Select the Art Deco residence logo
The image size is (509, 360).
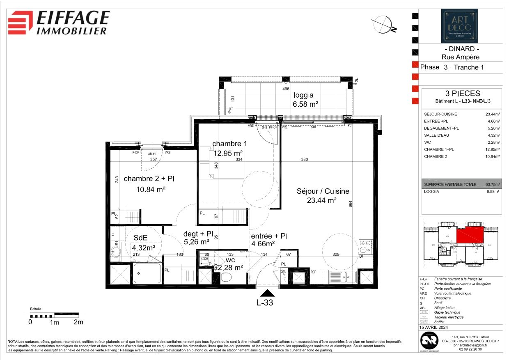click(x=459, y=26)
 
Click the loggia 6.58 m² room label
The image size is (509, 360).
click(x=305, y=100)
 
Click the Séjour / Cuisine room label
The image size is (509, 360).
click(x=323, y=191)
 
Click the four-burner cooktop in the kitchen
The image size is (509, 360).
click(x=365, y=246)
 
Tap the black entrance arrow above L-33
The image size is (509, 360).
click(x=268, y=293)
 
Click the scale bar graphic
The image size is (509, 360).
click(x=54, y=316)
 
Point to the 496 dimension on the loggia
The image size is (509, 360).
click(x=286, y=89)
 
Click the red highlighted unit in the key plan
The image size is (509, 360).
click(x=472, y=234)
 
